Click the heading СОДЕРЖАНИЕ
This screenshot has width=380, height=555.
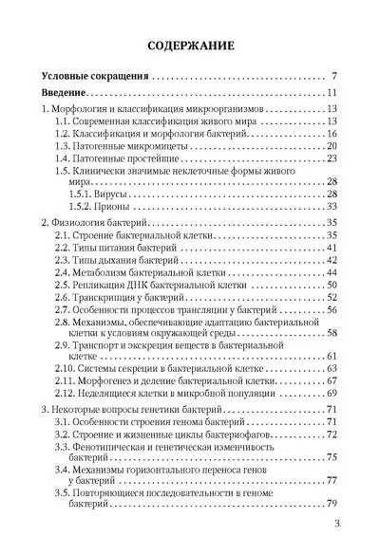coord(189,46)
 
